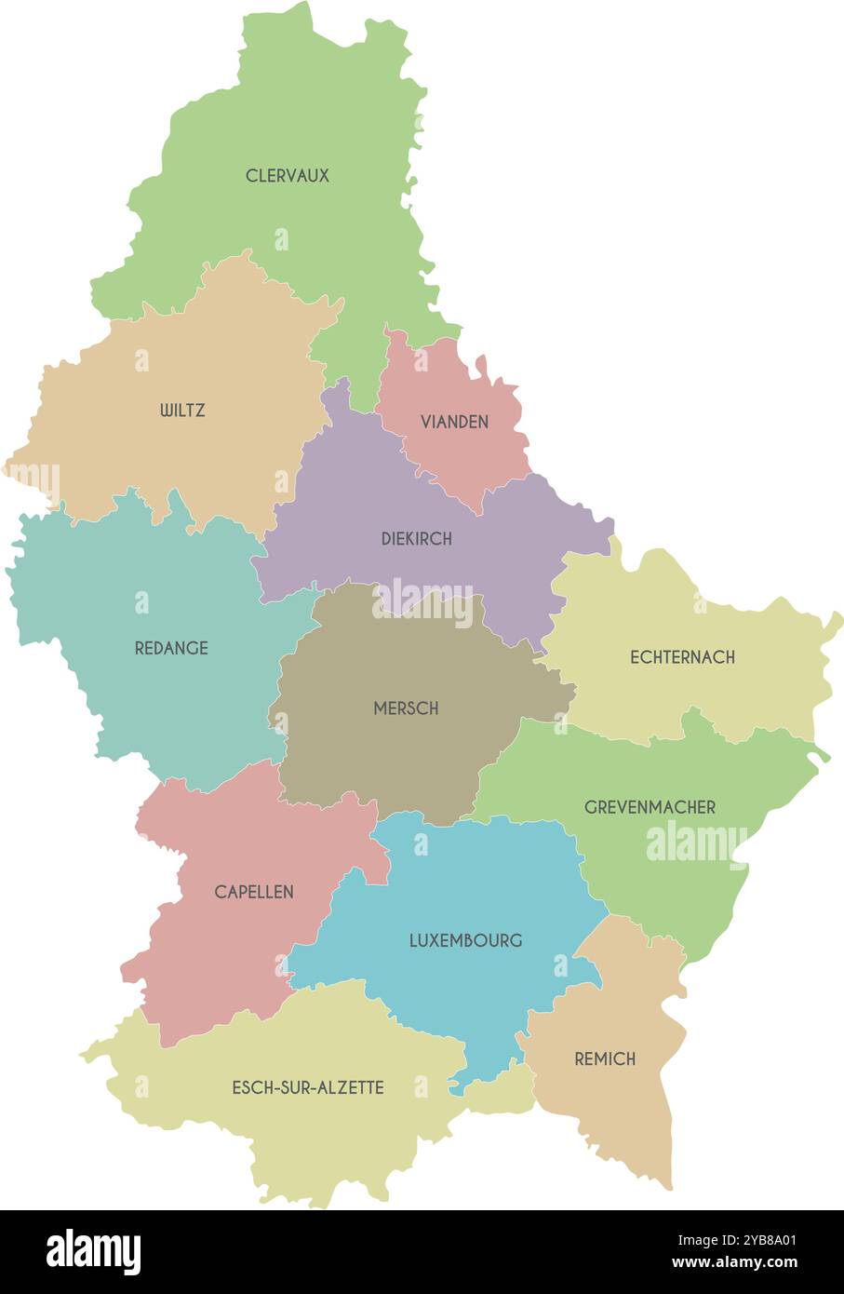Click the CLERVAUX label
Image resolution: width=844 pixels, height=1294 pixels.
click(287, 175)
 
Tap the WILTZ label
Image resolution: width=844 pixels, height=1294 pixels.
click(182, 410)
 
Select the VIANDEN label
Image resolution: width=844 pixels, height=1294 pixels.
click(454, 422)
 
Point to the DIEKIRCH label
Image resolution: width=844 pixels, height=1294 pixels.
click(416, 538)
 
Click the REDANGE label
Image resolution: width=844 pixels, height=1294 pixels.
click(171, 648)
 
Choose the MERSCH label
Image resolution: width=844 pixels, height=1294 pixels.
click(406, 708)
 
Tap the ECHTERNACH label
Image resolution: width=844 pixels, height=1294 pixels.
click(682, 657)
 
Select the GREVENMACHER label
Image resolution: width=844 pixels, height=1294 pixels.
click(650, 807)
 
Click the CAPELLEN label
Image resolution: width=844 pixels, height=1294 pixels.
click(253, 892)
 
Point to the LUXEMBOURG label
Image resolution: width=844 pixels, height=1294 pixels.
click(465, 940)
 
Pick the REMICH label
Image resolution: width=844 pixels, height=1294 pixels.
click(605, 1058)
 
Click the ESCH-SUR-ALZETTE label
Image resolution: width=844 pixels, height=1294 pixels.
click(307, 1087)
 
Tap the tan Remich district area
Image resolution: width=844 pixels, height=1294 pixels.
click(614, 1108)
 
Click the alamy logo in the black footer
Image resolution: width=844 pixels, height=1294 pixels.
click(93, 1252)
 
